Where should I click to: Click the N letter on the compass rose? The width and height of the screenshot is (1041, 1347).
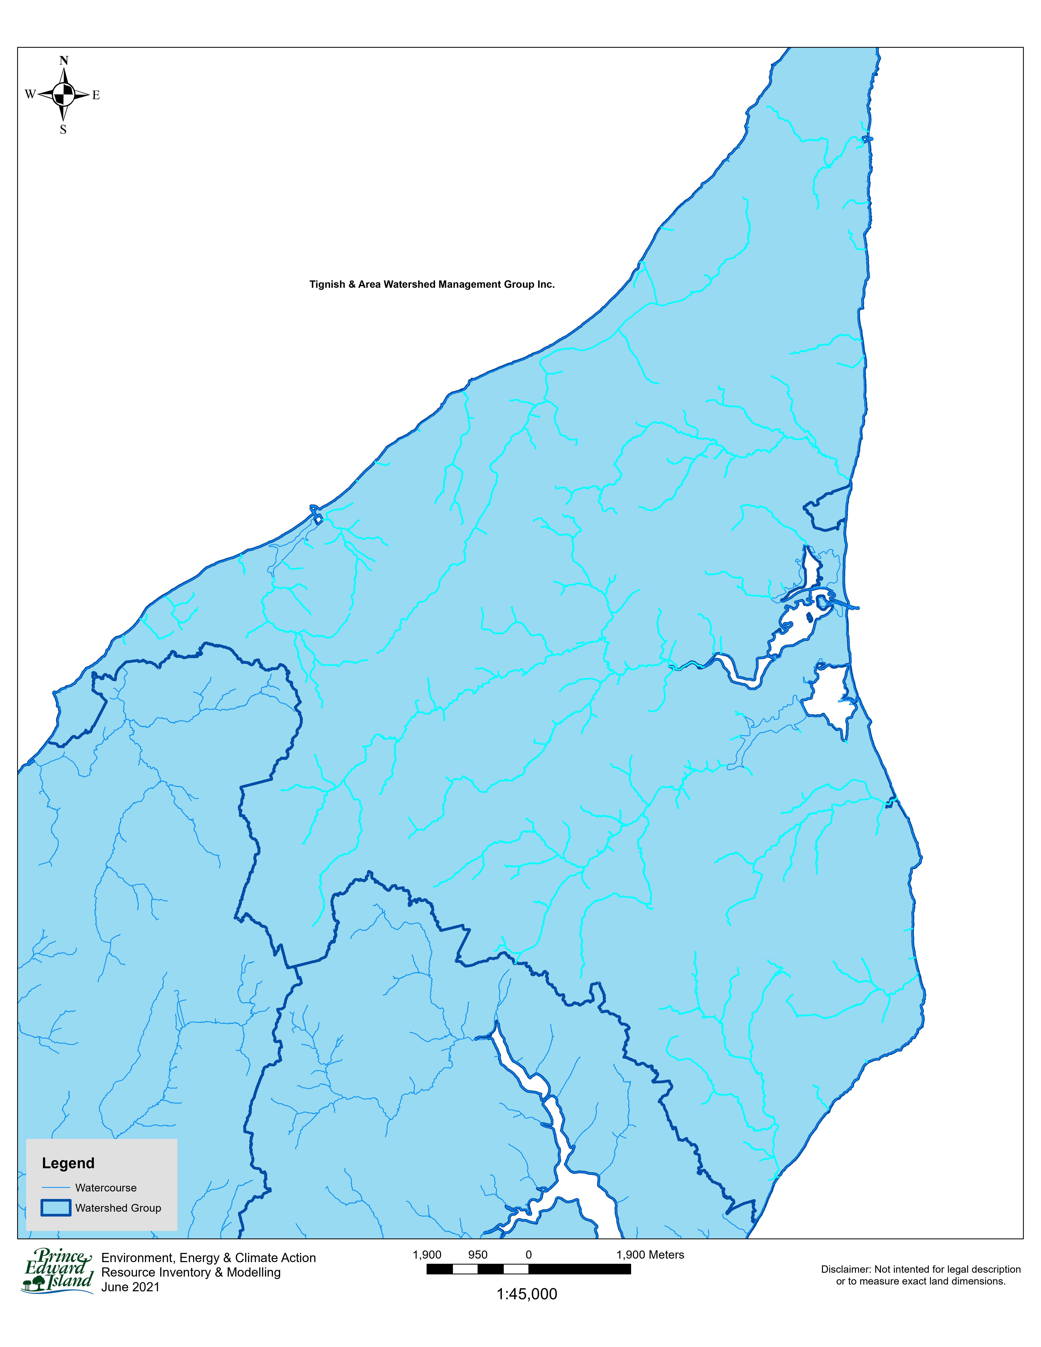tap(63, 60)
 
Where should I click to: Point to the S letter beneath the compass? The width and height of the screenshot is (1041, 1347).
tap(63, 130)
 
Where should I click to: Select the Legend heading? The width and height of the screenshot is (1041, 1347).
tap(68, 1163)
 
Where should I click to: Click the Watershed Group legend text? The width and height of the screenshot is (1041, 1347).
tap(118, 1208)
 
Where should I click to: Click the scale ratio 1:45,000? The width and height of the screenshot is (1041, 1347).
tap(527, 1294)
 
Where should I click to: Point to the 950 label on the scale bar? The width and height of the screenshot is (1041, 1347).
tap(477, 1255)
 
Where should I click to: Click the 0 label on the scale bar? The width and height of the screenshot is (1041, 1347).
tap(528, 1255)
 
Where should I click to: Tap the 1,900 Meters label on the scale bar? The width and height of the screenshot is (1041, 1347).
tap(650, 1255)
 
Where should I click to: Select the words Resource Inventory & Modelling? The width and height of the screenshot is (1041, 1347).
tap(191, 1272)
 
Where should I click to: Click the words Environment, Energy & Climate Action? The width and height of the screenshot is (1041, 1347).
tap(208, 1258)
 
